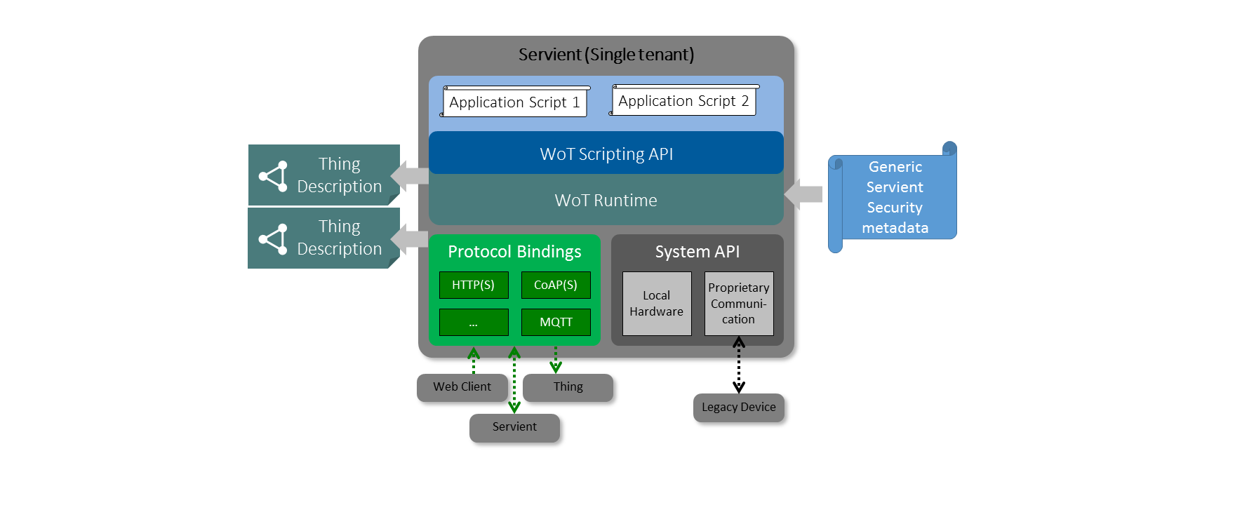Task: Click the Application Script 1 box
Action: [514, 102]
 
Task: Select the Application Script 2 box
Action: [683, 101]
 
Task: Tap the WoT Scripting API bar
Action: [606, 154]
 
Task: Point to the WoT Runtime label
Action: [606, 201]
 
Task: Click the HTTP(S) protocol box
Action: [474, 285]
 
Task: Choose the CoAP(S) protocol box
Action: [556, 285]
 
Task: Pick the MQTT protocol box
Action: [556, 322]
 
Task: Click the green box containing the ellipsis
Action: [474, 322]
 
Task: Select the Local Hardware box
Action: [657, 304]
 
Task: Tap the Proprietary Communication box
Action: [739, 304]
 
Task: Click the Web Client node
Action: [462, 387]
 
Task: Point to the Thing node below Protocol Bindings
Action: [568, 387]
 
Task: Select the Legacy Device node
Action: [739, 408]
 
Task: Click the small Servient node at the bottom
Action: [514, 427]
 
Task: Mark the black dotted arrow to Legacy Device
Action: [739, 365]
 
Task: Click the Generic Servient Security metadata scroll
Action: [895, 197]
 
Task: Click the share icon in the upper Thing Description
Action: [273, 176]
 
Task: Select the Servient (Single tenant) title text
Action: [606, 55]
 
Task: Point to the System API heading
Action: [697, 252]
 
